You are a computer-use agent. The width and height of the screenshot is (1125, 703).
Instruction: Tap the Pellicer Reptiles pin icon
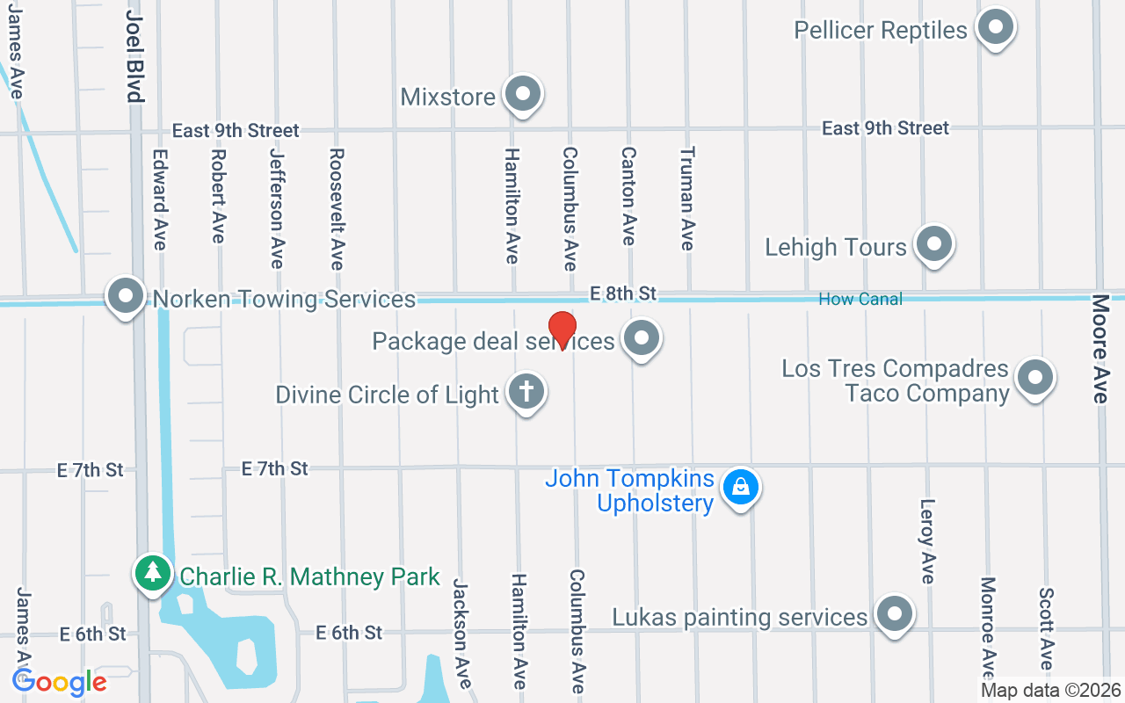(996, 27)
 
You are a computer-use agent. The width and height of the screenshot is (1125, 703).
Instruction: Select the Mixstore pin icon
(524, 93)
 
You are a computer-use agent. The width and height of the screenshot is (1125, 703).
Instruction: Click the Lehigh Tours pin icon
(933, 244)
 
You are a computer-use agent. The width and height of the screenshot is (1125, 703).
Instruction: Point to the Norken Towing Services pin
(126, 296)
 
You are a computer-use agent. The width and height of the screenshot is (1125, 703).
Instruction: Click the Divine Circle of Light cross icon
(526, 392)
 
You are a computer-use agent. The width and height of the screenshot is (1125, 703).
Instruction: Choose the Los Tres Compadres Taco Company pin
(1035, 378)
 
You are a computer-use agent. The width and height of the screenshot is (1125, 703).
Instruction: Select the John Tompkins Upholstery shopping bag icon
(741, 487)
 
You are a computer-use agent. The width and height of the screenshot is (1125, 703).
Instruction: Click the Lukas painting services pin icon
(895, 615)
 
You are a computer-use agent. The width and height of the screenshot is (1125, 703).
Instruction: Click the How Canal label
(860, 300)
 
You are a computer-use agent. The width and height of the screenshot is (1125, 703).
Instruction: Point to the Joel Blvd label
(134, 57)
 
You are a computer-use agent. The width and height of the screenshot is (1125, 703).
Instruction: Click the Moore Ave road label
(1100, 348)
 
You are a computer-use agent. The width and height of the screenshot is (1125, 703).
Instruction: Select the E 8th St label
(623, 293)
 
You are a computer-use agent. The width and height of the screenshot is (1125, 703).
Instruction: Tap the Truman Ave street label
(687, 198)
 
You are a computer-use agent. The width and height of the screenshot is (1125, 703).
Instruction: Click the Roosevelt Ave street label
(337, 208)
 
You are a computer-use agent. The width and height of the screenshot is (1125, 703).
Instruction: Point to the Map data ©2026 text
(1051, 691)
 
